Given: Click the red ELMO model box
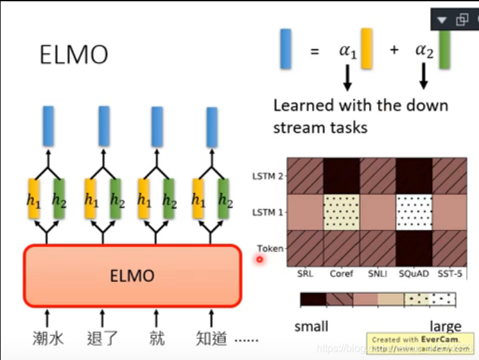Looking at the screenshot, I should coord(132,276).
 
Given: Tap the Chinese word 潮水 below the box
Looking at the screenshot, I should coord(48,338).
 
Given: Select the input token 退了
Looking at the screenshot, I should coord(103,338).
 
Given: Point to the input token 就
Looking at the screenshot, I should coord(157,338).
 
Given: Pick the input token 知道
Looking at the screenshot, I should coord(211,338).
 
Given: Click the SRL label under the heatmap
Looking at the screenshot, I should coord(305,274).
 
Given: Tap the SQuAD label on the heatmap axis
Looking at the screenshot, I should coord(413,274).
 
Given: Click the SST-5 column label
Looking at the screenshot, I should coord(449,274).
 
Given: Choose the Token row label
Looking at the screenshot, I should coord(270,248).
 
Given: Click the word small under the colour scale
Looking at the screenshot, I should coord(311,327).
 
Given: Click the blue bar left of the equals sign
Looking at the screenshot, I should coord(286,49).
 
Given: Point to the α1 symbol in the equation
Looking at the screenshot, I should coord(347,51).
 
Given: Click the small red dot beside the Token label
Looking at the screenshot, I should coord(260,259).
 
